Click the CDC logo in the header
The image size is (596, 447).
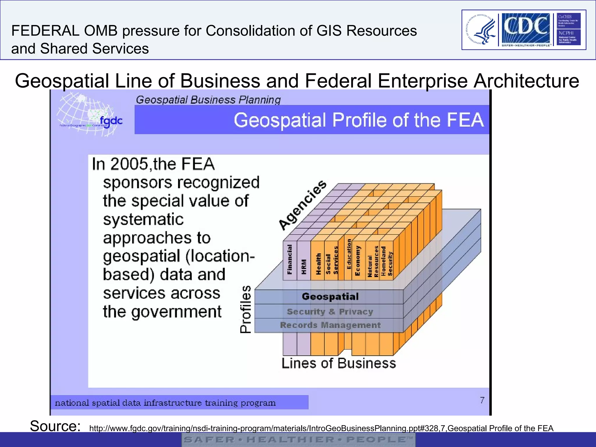click(526, 28)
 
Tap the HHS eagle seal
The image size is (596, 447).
click(480, 30)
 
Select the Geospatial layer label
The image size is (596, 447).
click(330, 297)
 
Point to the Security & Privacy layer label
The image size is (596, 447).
click(330, 312)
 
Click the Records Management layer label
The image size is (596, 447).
click(330, 325)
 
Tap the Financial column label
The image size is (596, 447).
click(290, 259)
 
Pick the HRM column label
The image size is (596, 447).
click(304, 267)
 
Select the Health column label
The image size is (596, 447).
click(318, 264)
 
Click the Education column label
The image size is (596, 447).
click(349, 254)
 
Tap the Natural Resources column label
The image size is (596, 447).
click(373, 261)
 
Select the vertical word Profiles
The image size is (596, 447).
click(246, 309)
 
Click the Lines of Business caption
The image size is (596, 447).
click(339, 363)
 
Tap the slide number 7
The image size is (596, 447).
click(482, 400)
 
